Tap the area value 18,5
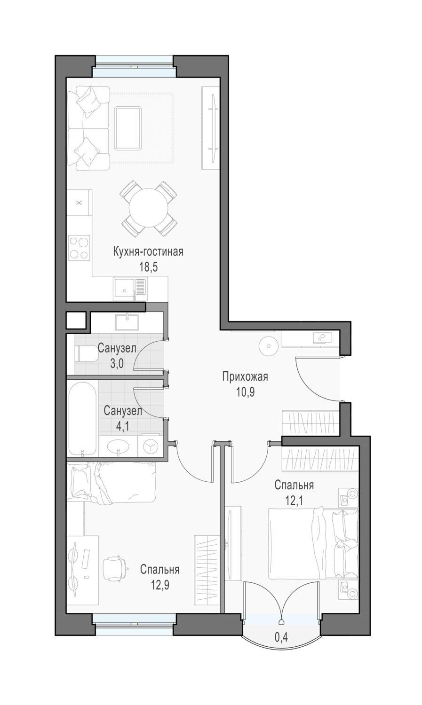(x=148, y=267)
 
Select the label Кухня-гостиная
(x=148, y=252)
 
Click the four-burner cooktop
(x=79, y=247)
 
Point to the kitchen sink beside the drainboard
(x=124, y=288)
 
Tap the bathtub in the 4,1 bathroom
(x=82, y=419)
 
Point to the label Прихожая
(x=245, y=376)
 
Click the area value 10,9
(x=245, y=392)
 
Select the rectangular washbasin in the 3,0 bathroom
(x=127, y=322)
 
